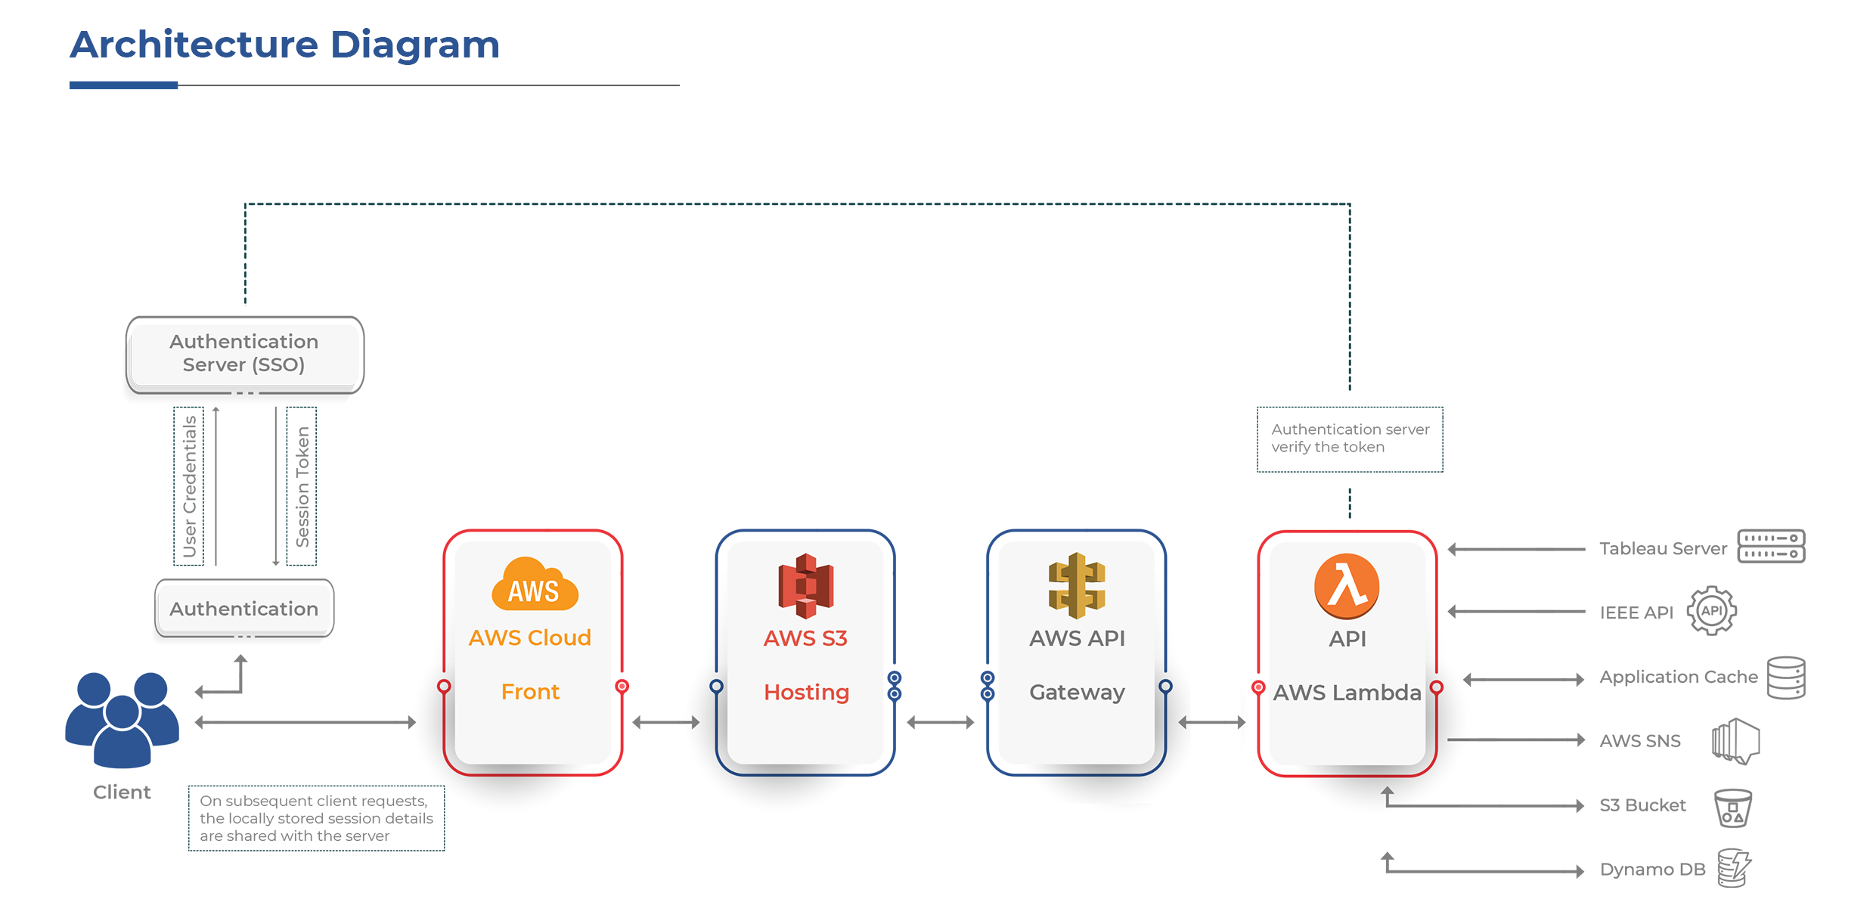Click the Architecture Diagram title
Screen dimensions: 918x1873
pos(284,45)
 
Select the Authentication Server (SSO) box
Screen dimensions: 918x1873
pos(244,354)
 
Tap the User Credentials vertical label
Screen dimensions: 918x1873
pos(189,486)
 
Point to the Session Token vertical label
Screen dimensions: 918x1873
pos(302,486)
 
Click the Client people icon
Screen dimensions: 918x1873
pos(122,718)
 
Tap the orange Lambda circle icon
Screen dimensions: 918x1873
pos(1347,586)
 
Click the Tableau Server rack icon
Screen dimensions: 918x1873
pos(1771,546)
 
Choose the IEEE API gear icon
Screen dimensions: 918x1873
pos(1711,611)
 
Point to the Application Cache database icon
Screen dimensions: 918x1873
pos(1786,678)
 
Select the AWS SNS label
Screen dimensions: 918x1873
pos(1639,741)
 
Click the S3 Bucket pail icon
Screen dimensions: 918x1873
pos(1732,808)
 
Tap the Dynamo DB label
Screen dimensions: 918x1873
pos(1652,870)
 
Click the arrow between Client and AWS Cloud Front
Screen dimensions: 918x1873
pos(305,723)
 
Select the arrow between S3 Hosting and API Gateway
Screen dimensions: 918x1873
pos(940,723)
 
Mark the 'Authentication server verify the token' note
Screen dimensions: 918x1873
pos(1350,439)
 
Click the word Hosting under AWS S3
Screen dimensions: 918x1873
pos(806,692)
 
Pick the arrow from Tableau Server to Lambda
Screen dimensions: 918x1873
pos(1516,550)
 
